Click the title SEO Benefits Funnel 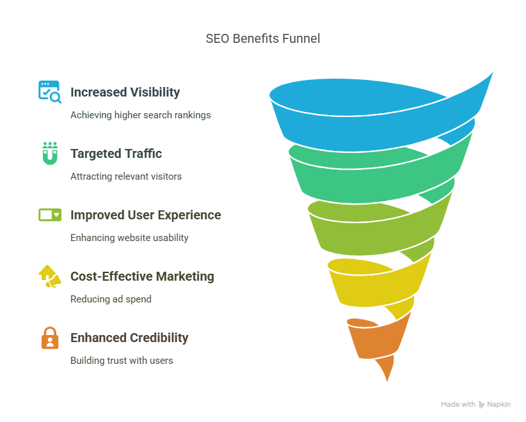click(x=262, y=38)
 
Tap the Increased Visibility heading click(x=125, y=92)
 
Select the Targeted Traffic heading click(x=116, y=153)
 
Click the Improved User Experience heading click(x=146, y=215)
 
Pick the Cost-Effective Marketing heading click(x=142, y=276)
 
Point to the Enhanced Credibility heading click(x=129, y=338)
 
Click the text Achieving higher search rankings click(x=141, y=115)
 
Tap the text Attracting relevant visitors click(x=126, y=176)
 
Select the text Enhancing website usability click(x=129, y=238)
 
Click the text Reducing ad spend click(x=111, y=299)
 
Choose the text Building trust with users click(x=122, y=361)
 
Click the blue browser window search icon click(x=50, y=91)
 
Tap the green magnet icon click(x=50, y=153)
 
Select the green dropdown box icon click(x=50, y=215)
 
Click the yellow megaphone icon click(x=50, y=276)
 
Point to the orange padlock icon click(x=50, y=338)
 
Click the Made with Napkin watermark click(x=475, y=405)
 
